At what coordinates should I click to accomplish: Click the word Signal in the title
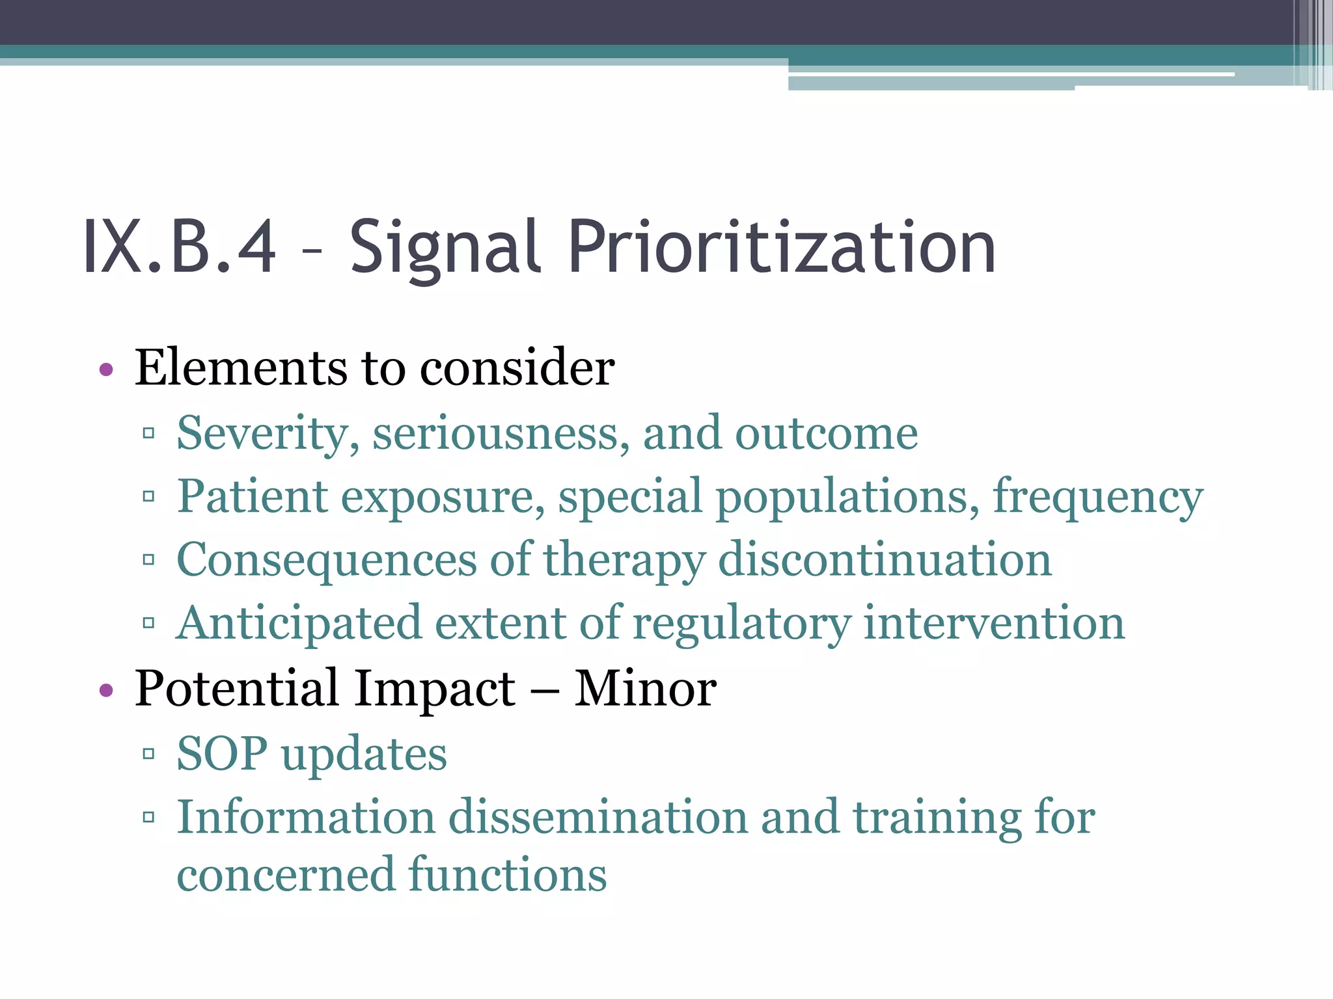pos(445,247)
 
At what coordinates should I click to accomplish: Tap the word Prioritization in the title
pos(782,247)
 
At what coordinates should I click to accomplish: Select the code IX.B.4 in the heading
pos(180,247)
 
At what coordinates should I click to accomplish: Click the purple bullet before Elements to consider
pos(106,371)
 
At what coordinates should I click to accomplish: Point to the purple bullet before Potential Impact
pos(106,691)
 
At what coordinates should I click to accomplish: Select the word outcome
pos(826,433)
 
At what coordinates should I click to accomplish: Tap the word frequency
pos(1097,497)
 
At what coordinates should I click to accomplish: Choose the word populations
pos(847,497)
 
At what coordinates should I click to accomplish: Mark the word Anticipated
pos(299,623)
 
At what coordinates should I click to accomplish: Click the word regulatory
pos(741,623)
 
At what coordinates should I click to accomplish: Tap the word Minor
pos(645,688)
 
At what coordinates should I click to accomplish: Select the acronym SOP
pos(222,753)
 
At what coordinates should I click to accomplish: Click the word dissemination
pos(598,817)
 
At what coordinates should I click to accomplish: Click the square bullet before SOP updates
pos(148,754)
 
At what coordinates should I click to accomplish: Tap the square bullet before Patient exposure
pos(148,498)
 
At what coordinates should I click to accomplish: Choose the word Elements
pos(240,368)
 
